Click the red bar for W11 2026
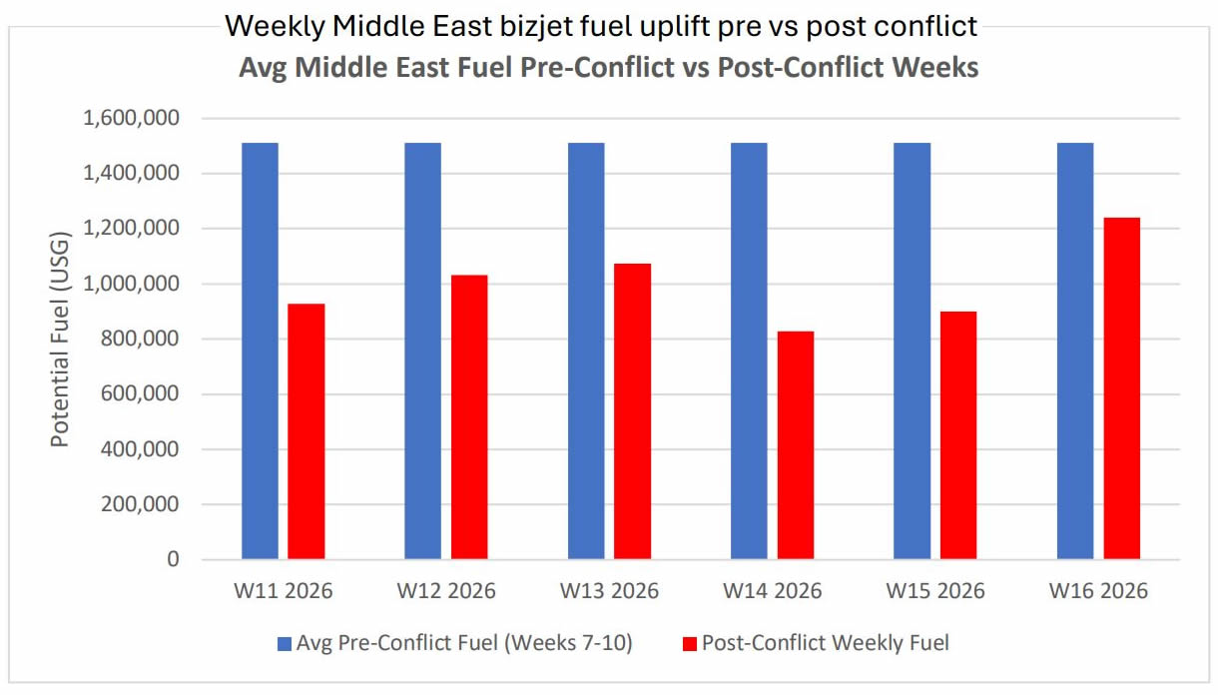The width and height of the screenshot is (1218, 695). tap(306, 431)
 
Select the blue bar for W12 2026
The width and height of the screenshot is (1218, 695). tap(422, 350)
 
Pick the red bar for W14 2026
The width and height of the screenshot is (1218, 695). tap(796, 445)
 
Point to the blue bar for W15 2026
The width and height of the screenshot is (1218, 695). tap(912, 350)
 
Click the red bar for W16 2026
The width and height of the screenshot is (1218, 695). tap(1121, 388)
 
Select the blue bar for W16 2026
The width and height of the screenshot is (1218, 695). tap(1074, 350)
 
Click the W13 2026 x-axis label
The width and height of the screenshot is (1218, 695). tap(609, 591)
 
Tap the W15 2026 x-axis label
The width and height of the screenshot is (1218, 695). tap(935, 591)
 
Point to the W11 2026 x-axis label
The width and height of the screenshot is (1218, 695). tap(284, 591)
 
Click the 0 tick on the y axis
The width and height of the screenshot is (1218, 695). tap(173, 560)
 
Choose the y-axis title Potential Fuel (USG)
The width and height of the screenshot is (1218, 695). tap(61, 340)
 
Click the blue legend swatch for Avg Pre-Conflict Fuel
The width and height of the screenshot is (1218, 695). tap(285, 644)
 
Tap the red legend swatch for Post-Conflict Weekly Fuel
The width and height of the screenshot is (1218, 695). tap(689, 644)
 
